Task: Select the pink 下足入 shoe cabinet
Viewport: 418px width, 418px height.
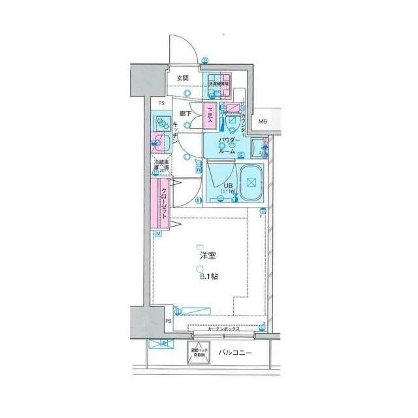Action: (210, 115)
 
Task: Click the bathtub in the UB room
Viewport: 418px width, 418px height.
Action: (251, 182)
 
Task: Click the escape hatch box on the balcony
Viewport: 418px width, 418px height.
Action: (197, 352)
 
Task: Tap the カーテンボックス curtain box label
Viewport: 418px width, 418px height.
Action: (224, 330)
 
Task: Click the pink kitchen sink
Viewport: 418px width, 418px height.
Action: (159, 140)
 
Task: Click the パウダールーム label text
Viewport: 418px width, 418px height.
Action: (229, 145)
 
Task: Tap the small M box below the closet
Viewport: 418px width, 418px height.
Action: (158, 233)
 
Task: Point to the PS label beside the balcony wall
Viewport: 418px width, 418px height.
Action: (168, 322)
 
